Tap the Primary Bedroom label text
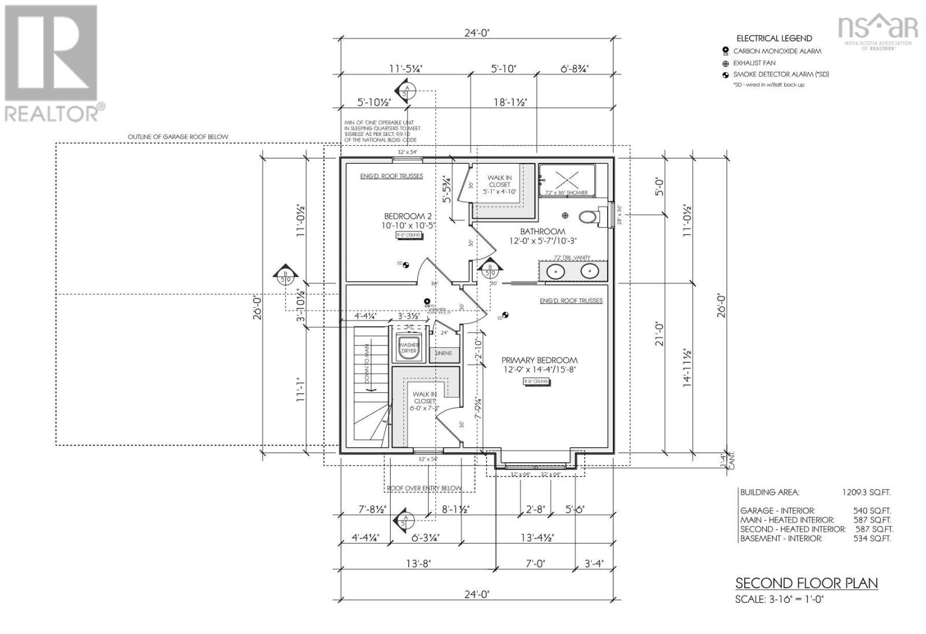pyautogui.click(x=539, y=360)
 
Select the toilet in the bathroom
pyautogui.click(x=589, y=217)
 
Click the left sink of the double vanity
pyautogui.click(x=556, y=271)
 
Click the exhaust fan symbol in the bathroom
pyautogui.click(x=565, y=215)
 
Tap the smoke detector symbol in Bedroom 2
pyautogui.click(x=406, y=264)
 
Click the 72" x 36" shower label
pyautogui.click(x=566, y=193)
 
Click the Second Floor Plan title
pyautogui.click(x=806, y=583)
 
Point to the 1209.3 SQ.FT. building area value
pyautogui.click(x=866, y=492)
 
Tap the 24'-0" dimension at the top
pyautogui.click(x=477, y=33)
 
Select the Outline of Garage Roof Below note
pyautogui.click(x=178, y=137)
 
